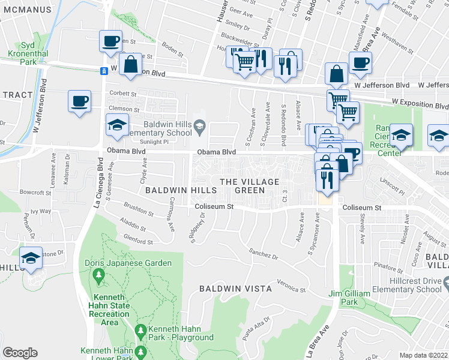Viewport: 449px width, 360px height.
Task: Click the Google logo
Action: coord(20,353)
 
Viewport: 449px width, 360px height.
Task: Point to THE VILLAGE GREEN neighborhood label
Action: coord(249,186)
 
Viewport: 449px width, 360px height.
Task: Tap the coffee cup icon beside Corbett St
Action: coord(79,100)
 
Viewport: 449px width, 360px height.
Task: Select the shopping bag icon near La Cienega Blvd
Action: coord(130,64)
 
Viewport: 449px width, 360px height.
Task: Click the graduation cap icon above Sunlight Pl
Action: coord(118,124)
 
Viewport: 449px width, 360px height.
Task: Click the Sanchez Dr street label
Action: coord(263,255)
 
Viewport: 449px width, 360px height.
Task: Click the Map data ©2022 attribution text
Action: coord(423,355)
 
